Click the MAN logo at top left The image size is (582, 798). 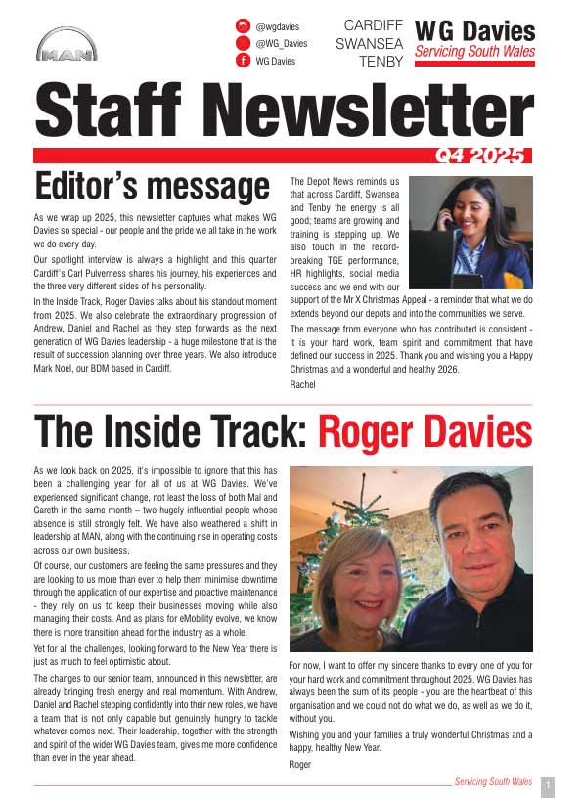point(67,47)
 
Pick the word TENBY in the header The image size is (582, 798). point(381,62)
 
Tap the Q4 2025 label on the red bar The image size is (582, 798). point(481,155)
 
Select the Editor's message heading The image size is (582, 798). point(152,186)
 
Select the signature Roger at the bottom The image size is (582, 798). point(300,763)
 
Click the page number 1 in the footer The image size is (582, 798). point(547,784)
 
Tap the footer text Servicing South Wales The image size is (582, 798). point(494,782)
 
